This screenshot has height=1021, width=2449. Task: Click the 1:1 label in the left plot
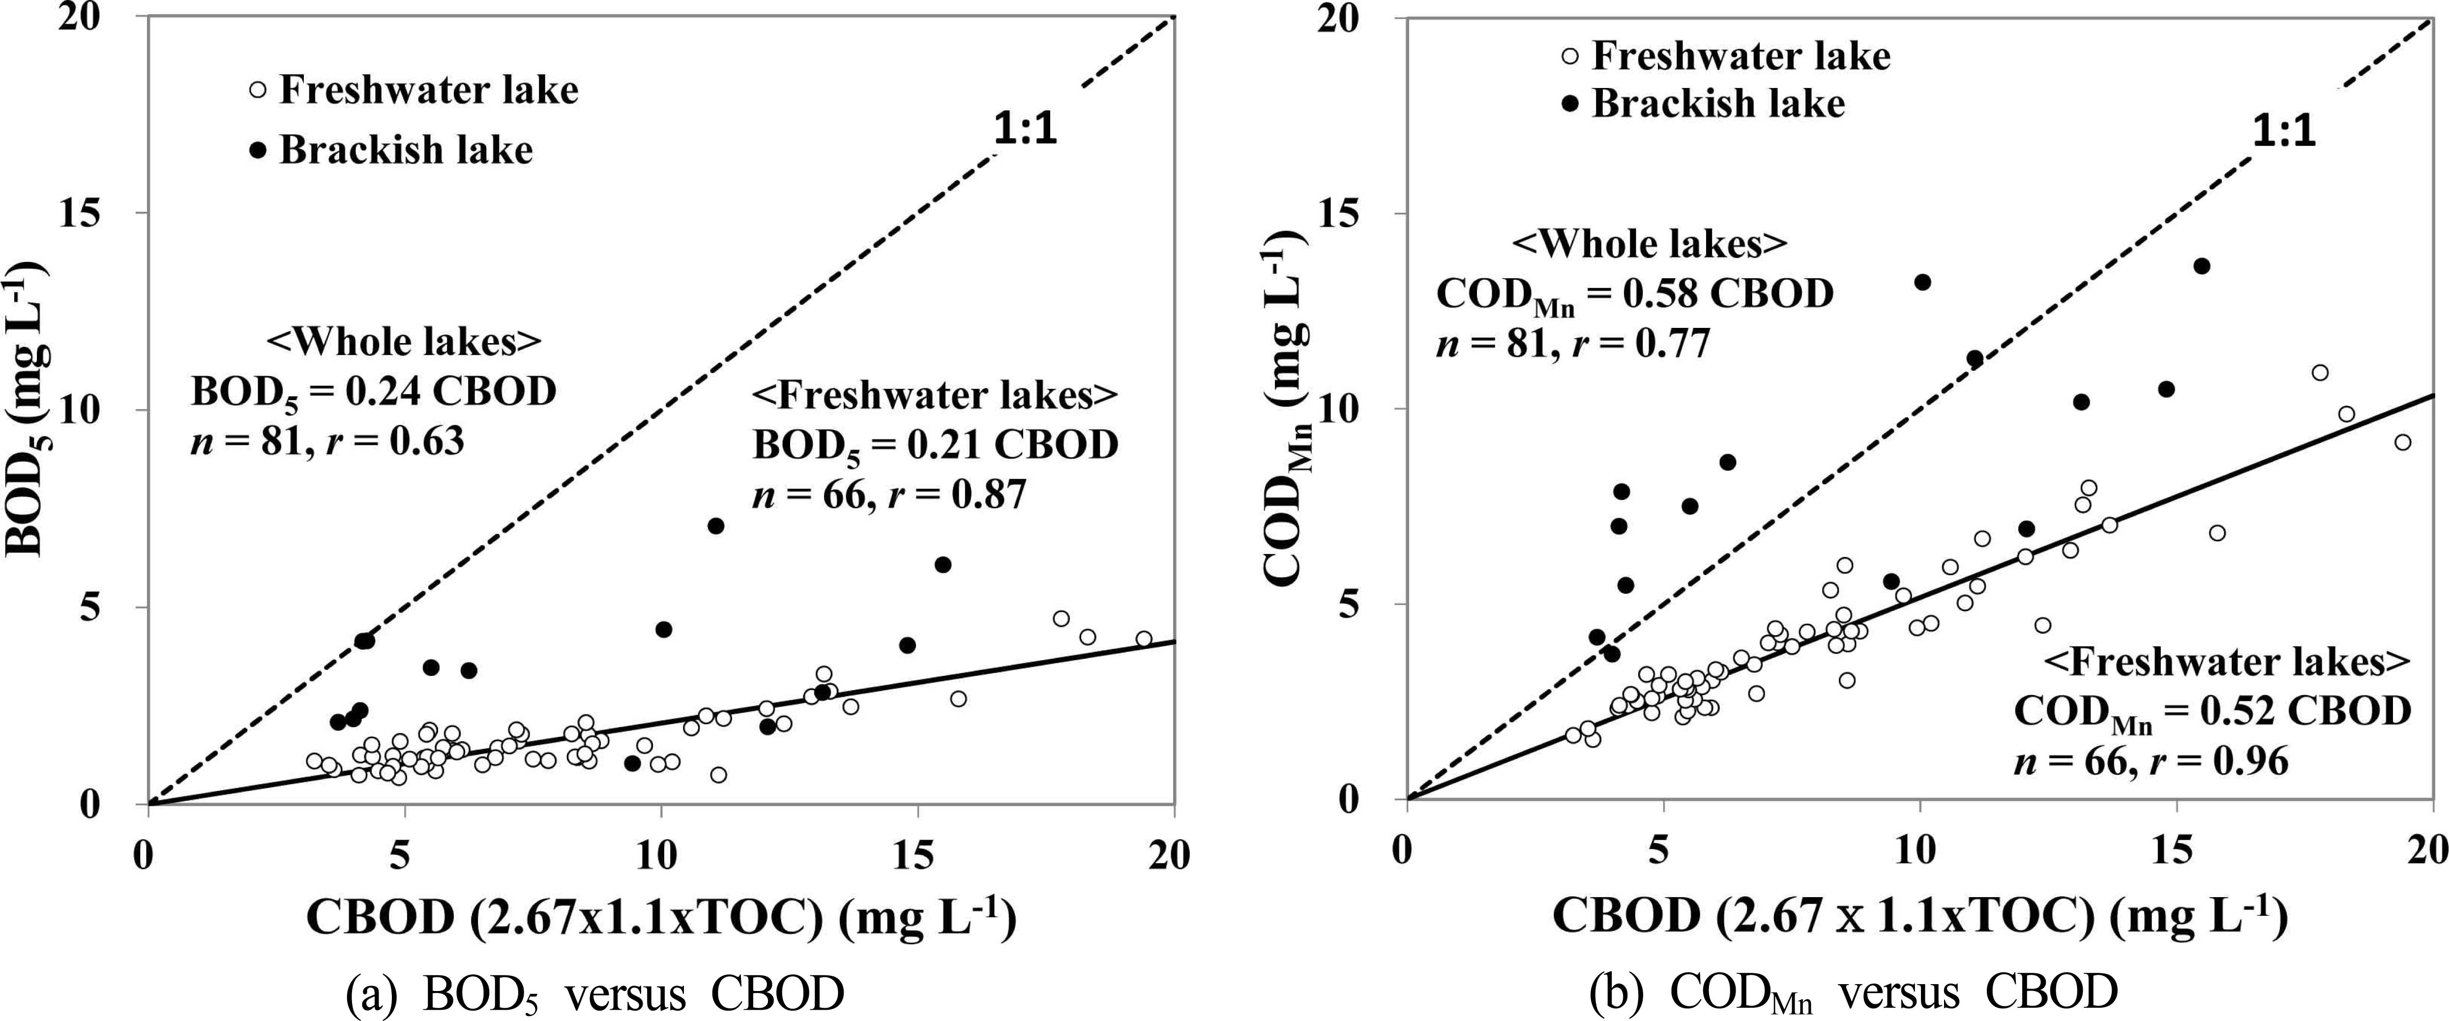(1025, 130)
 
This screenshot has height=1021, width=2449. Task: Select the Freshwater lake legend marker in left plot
(257, 91)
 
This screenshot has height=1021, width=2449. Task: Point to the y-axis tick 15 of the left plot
(114, 213)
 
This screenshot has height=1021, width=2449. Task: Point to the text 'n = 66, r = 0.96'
(2151, 760)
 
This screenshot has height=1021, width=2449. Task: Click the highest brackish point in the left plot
(716, 525)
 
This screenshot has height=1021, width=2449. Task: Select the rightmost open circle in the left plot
(1144, 639)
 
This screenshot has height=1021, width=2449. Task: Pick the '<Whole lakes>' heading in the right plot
(1650, 244)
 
